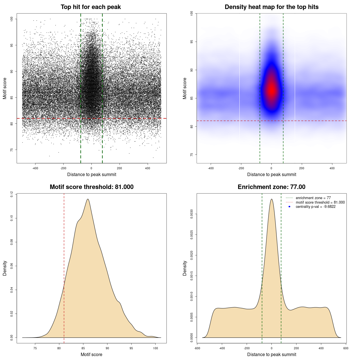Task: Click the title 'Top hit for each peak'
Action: (x=91, y=7)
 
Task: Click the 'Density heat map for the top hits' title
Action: (x=271, y=7)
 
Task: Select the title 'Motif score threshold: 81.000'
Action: (x=91, y=187)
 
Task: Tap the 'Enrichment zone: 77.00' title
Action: (x=271, y=187)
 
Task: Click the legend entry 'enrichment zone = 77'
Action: (x=313, y=198)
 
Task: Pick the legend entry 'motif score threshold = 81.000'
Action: (x=320, y=202)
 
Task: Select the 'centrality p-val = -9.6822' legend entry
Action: (x=316, y=207)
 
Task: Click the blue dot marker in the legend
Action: (x=289, y=207)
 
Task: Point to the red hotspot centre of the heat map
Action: (x=271, y=90)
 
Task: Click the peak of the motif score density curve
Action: (x=88, y=199)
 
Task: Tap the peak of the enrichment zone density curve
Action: (x=271, y=199)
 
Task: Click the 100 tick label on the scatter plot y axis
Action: (x=12, y=19)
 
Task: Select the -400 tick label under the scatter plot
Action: (x=35, y=168)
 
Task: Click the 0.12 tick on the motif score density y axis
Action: (x=12, y=194)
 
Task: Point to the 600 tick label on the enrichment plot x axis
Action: (x=346, y=348)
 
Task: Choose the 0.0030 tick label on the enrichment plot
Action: (x=192, y=214)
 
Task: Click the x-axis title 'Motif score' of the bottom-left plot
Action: (x=91, y=354)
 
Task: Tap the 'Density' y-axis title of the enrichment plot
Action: (x=185, y=268)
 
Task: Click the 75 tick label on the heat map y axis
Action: (x=192, y=155)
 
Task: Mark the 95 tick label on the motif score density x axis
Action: (x=131, y=348)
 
